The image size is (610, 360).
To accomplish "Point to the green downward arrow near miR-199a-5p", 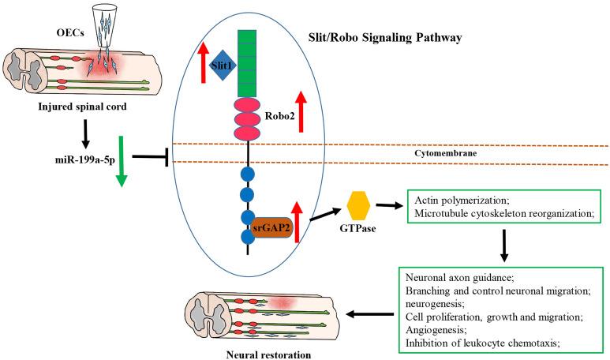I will (121, 162).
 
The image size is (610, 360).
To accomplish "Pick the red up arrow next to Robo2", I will (301, 111).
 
